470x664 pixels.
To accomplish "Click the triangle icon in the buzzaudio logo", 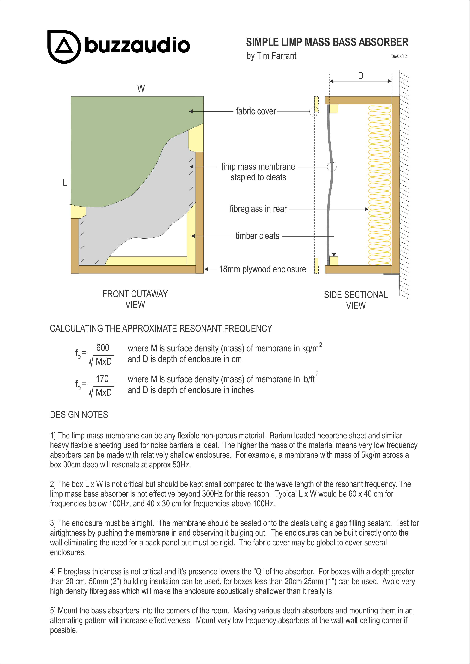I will pos(64,46).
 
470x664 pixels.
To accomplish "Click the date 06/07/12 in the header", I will pos(399,56).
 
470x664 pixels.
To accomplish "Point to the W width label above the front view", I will pos(141,89).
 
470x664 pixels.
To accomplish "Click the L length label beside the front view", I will pos(65,183).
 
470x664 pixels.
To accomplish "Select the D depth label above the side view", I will pos(361,76).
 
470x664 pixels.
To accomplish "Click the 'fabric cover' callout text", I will pos(256,111).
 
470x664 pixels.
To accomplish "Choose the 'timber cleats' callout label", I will pos(257,236).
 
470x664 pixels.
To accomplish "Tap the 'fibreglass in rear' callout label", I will pos(258,209).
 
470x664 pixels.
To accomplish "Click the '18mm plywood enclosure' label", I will pos(262,269).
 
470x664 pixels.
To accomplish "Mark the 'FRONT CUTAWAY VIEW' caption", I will pos(135,299).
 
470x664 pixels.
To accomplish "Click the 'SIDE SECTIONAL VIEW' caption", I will pos(356,300).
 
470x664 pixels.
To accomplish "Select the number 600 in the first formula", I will pos(103,347).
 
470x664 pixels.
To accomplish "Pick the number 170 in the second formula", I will pos(102,378).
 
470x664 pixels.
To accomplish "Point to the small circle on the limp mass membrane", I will pos(332,167).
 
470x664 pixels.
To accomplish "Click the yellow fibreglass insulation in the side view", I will pos(379,185).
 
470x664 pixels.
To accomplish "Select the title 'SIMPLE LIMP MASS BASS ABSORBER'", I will pos(327,42).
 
